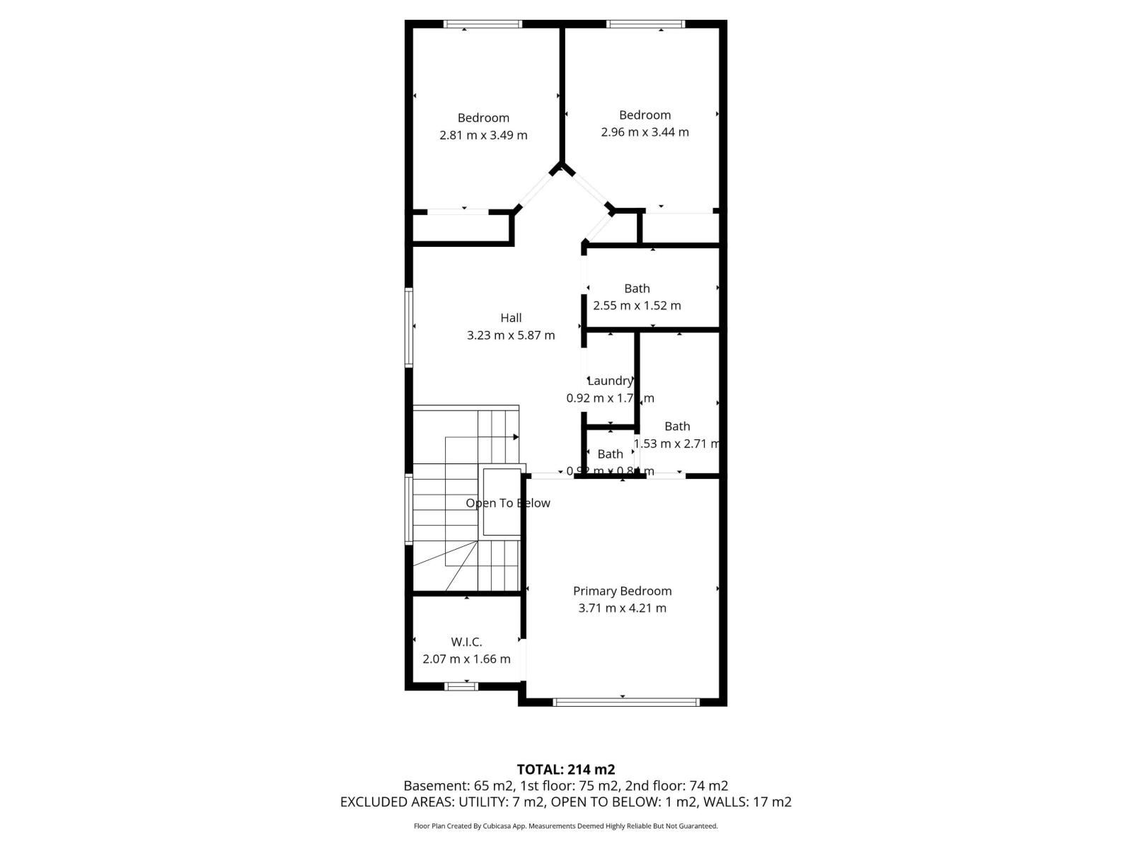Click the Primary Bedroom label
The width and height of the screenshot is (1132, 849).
(x=622, y=591)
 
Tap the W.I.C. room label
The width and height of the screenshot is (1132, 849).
(x=466, y=642)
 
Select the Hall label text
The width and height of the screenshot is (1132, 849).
(x=511, y=318)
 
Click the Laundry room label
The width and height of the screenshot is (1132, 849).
(x=610, y=381)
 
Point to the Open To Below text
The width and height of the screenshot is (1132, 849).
(x=507, y=503)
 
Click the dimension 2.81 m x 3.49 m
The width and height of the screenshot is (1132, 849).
(x=483, y=135)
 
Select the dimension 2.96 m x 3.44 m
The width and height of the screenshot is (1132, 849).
(x=645, y=132)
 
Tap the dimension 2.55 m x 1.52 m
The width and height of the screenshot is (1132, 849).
(x=637, y=306)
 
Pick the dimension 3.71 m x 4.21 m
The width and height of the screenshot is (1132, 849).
(x=622, y=608)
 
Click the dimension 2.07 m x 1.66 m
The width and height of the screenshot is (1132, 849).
(x=466, y=659)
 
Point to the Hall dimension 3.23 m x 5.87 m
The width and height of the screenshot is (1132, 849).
(x=511, y=335)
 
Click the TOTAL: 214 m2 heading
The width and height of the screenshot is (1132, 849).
(x=565, y=769)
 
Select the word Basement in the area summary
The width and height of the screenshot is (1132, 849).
(x=432, y=785)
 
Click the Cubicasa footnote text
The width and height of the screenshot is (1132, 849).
(x=565, y=826)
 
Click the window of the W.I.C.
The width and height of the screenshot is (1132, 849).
(x=461, y=686)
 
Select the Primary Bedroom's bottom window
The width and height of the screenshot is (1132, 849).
(x=625, y=702)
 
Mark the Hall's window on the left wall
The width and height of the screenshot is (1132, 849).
(x=409, y=326)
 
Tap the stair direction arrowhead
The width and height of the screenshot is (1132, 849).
(x=516, y=437)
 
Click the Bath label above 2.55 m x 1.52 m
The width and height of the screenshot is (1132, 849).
(x=637, y=288)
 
